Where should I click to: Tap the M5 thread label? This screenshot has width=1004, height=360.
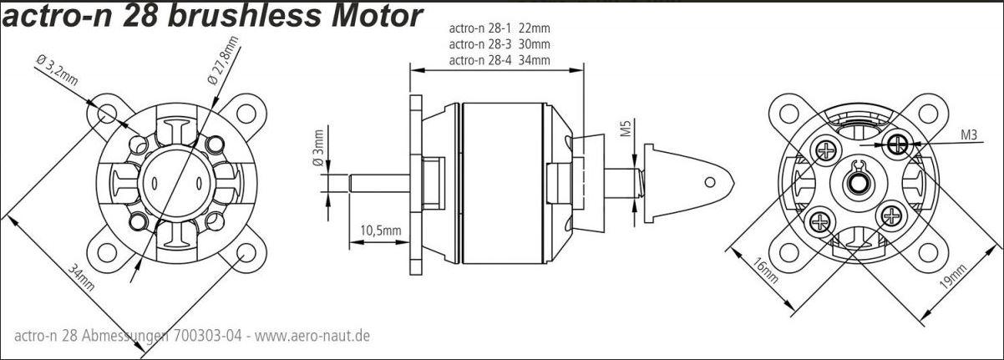(x=625, y=129)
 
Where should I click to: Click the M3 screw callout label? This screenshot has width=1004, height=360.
(x=970, y=134)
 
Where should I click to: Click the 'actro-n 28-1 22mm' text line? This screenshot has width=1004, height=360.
(x=499, y=28)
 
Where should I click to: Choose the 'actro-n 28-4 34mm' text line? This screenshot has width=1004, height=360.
(x=499, y=59)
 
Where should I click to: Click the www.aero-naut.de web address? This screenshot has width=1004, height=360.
(x=312, y=336)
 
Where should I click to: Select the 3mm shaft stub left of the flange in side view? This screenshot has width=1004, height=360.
(x=380, y=181)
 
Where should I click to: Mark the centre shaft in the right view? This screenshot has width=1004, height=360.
(x=857, y=181)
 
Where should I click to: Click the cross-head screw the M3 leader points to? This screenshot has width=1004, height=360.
(x=899, y=145)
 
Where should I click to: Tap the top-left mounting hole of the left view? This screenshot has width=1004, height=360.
(x=108, y=113)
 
